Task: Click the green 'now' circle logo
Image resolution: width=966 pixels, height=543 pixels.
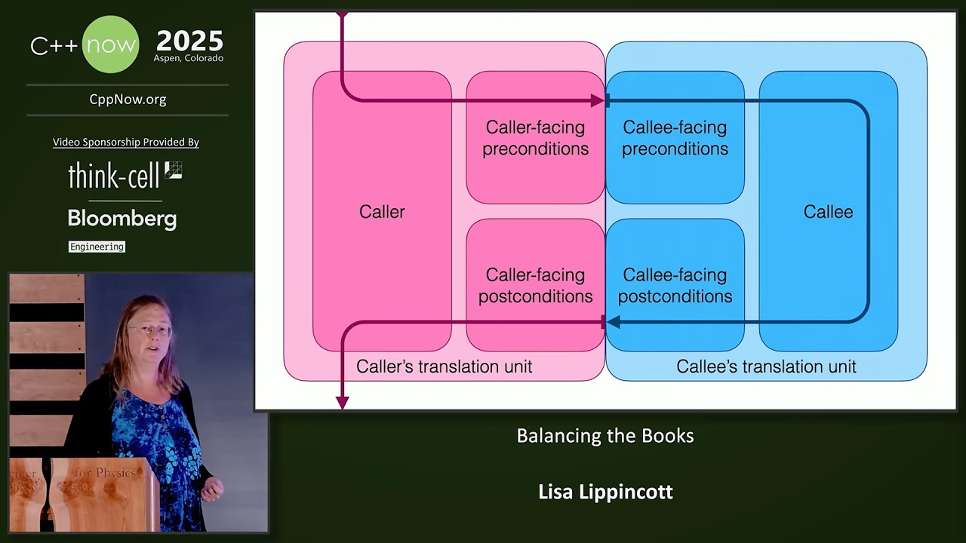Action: coord(110,44)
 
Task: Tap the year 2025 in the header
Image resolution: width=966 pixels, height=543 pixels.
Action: coord(189,41)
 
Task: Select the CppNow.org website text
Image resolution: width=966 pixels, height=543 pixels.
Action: coord(128,100)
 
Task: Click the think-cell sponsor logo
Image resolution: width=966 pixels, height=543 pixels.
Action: coord(125,175)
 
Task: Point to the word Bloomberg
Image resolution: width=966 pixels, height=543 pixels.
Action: coord(122,219)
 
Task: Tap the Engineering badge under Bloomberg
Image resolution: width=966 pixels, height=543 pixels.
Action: coord(97,247)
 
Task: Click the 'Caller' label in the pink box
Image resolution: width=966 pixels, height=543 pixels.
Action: coord(382,212)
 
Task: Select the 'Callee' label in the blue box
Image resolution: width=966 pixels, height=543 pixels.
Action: coord(828,212)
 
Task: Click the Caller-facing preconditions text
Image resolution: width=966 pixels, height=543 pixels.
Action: coord(536,138)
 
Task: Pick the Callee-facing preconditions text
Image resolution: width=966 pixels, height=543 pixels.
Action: coord(675,138)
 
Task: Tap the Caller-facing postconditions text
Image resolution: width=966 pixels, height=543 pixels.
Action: coord(536,285)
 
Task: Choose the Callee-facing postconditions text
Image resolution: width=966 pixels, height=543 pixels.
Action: coord(675,285)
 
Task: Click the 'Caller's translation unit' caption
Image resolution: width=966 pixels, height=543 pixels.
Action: coord(444,367)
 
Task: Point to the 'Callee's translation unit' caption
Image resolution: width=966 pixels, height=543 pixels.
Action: coord(766,367)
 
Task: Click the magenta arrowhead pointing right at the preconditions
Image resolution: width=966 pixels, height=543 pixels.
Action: coord(598,101)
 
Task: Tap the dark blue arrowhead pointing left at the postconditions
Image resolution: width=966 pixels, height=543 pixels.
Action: coord(614,321)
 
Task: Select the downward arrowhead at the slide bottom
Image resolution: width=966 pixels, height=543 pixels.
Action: coord(342,403)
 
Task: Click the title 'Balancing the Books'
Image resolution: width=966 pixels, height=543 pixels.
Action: coord(605,436)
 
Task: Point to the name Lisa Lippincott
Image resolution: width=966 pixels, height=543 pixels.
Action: coord(605,492)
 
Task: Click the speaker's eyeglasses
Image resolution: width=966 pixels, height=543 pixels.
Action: coord(149,330)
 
